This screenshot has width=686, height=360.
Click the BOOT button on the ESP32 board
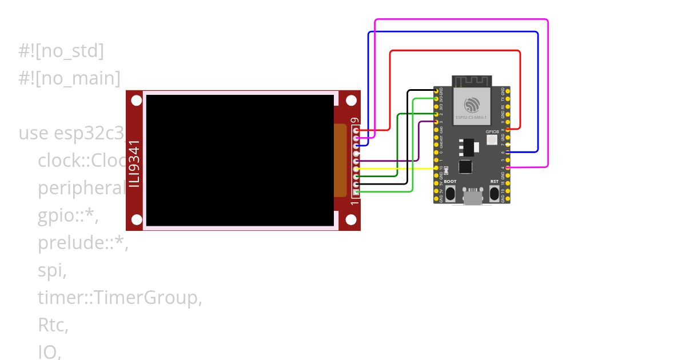tap(450, 193)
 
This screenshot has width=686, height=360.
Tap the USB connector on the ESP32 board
tap(472, 197)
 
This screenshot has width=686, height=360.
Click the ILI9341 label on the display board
tap(134, 163)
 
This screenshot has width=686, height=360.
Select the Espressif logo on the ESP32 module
tap(472, 105)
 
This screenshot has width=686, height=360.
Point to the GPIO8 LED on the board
tap(492, 139)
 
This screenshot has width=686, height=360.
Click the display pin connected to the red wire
tap(357, 131)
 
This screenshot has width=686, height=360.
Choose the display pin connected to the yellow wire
tap(357, 169)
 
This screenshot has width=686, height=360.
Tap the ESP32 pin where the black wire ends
tap(437, 91)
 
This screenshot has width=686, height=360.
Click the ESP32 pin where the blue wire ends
tap(508, 152)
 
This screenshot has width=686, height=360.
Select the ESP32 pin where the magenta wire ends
tap(508, 167)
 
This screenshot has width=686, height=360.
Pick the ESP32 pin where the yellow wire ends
tap(437, 168)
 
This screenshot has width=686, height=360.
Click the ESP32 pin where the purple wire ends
tap(437, 122)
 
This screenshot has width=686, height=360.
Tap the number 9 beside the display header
tap(355, 121)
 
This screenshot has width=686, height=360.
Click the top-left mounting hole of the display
tap(136, 101)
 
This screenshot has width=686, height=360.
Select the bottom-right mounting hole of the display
tap(350, 219)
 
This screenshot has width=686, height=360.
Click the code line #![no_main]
tap(70, 78)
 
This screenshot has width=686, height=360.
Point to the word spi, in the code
tap(52, 270)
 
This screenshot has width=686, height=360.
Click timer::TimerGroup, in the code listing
tap(120, 298)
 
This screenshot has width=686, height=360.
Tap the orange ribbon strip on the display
tap(340, 161)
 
